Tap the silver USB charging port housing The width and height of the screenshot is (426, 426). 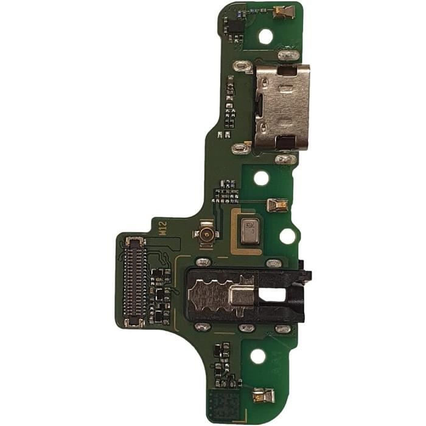281,108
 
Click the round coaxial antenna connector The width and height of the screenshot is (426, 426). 206,234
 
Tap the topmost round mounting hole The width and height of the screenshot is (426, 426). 266,36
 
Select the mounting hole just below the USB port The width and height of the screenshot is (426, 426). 261,178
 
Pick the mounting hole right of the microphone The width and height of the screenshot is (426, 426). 287,236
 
